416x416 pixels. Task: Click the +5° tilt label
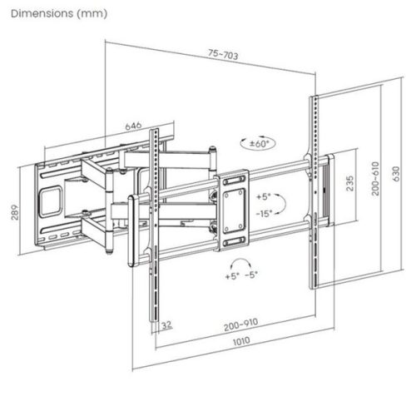(265, 197)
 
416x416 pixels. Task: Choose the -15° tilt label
(265, 213)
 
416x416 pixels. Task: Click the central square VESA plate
(232, 207)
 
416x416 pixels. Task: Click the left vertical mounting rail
(154, 225)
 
